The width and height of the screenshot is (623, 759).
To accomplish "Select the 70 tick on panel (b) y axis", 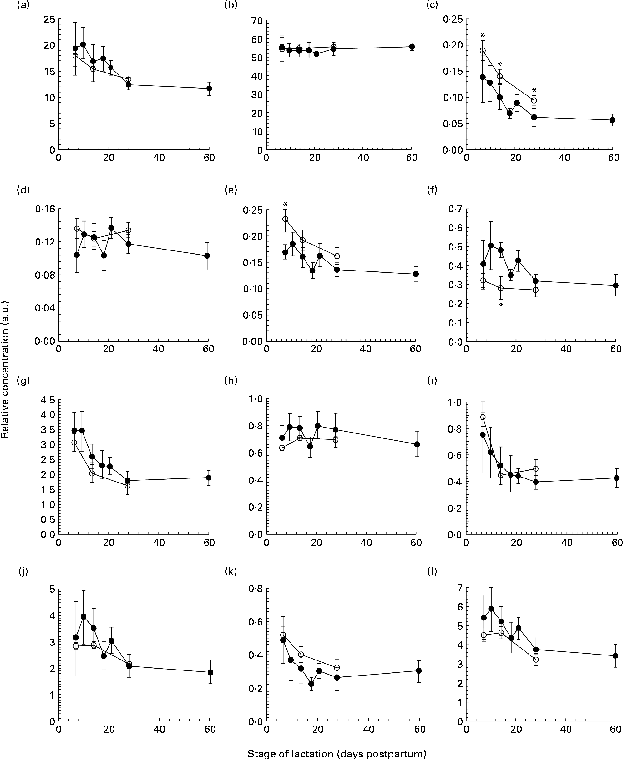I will pos(257,21).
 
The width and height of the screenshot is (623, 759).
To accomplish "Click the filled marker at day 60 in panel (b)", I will pos(412,47).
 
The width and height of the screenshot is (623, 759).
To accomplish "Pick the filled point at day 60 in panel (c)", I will pos(613,120).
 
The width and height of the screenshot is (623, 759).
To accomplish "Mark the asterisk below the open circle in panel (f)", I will pos(501,306).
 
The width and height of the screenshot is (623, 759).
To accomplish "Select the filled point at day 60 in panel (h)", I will pos(417,444).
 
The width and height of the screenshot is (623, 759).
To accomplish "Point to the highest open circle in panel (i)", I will pos(483,417).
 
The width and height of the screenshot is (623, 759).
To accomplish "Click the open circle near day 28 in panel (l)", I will pos(536,660).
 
